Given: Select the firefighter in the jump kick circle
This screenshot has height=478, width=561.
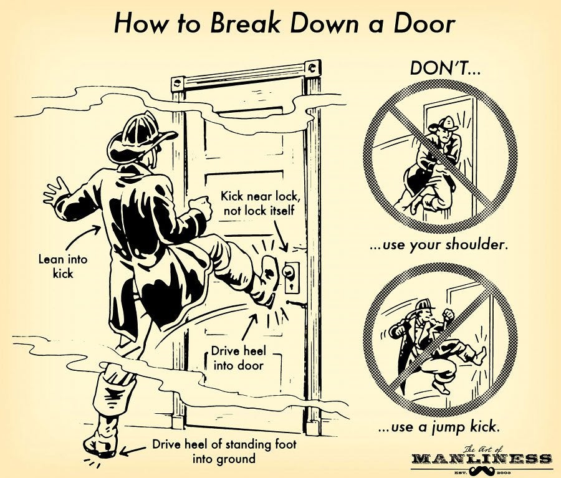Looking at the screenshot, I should (x=436, y=343).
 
